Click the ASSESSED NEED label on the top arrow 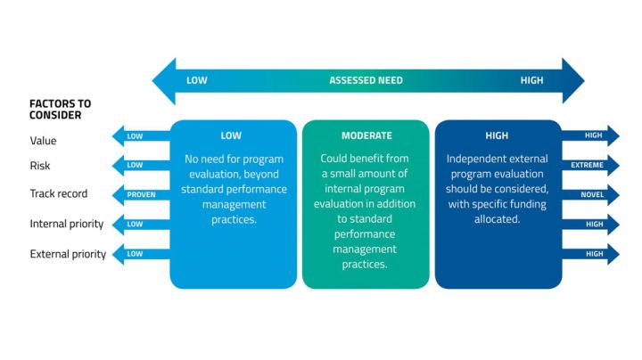click(x=366, y=80)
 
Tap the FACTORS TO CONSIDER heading click(x=61, y=109)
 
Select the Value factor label click(x=43, y=140)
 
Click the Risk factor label click(x=40, y=166)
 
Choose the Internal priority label click(x=67, y=224)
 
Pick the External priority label click(x=68, y=254)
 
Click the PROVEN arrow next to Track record click(x=141, y=194)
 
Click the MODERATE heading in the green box click(x=366, y=136)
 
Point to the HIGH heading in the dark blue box click(x=497, y=136)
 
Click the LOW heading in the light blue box click(x=231, y=136)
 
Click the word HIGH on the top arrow click(x=531, y=80)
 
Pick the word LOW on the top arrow click(x=196, y=80)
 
